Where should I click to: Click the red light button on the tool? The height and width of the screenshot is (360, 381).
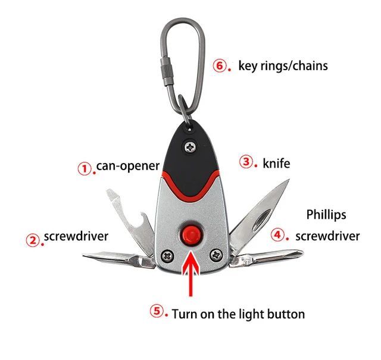pyautogui.click(x=190, y=233)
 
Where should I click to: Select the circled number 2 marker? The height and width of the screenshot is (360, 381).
pyautogui.click(x=33, y=239)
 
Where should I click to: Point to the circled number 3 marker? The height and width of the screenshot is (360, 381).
pyautogui.click(x=246, y=161)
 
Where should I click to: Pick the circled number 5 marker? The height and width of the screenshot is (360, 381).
pyautogui.click(x=157, y=311)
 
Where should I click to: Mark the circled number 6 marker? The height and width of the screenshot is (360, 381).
pyautogui.click(x=220, y=65)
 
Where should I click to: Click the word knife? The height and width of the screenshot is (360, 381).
pyautogui.click(x=276, y=162)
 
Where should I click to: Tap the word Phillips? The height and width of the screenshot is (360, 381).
pyautogui.click(x=326, y=214)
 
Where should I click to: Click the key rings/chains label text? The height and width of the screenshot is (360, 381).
pyautogui.click(x=283, y=65)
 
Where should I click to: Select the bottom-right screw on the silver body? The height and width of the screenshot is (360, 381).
pyautogui.click(x=215, y=256)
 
